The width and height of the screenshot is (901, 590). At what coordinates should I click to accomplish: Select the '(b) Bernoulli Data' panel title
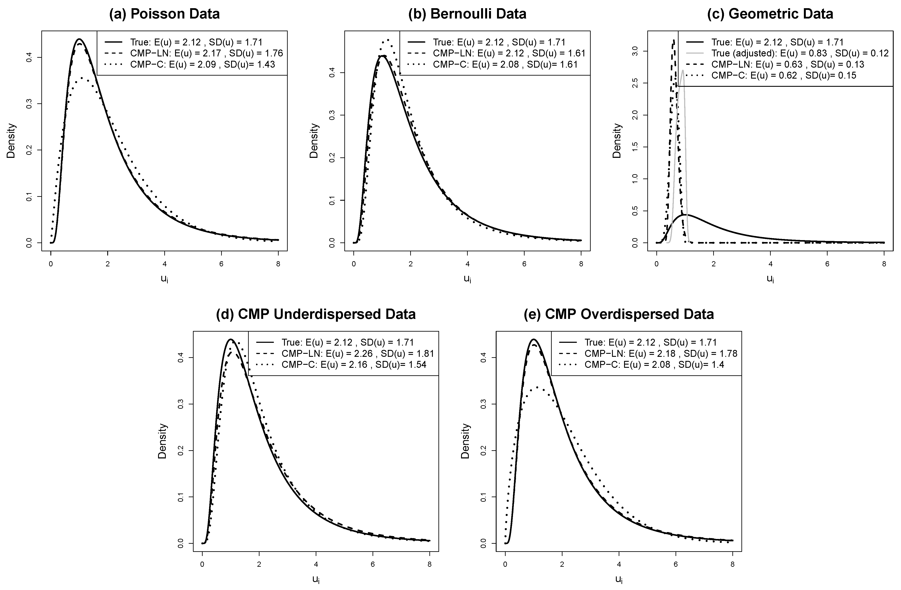[x=467, y=14]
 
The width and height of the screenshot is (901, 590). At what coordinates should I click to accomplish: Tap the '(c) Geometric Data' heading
[x=770, y=14]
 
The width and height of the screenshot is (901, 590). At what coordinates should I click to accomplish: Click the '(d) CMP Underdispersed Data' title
[x=316, y=314]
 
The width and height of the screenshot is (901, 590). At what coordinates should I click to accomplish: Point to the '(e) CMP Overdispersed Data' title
[x=619, y=314]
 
